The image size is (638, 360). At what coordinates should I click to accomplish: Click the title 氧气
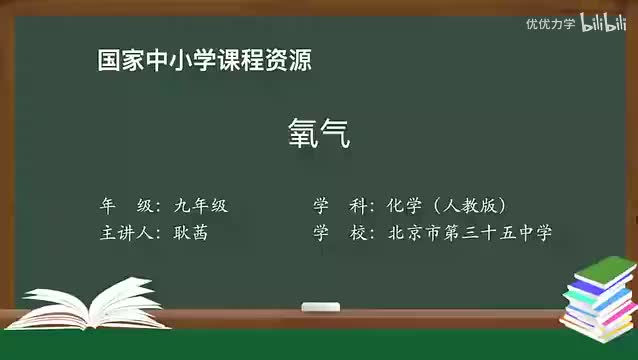click(319, 133)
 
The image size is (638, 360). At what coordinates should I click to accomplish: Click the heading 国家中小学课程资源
click(204, 60)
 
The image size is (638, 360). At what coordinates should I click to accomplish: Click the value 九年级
click(200, 206)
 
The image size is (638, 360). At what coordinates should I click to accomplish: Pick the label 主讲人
click(123, 232)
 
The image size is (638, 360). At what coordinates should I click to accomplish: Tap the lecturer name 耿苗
click(190, 232)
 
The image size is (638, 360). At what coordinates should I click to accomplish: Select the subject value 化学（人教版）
click(448, 206)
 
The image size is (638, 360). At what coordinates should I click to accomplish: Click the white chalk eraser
click(321, 306)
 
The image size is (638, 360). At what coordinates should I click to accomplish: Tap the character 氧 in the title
click(303, 133)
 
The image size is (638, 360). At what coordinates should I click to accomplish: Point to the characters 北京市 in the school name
click(412, 232)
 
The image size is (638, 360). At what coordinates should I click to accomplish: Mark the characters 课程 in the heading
click(228, 60)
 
